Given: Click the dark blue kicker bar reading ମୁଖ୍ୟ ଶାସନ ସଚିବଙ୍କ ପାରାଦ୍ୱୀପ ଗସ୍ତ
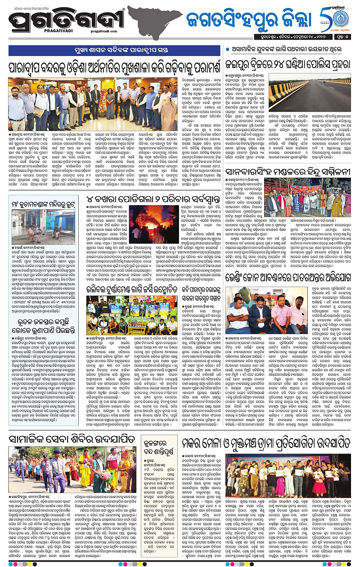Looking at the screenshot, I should pyautogui.click(x=114, y=51).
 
